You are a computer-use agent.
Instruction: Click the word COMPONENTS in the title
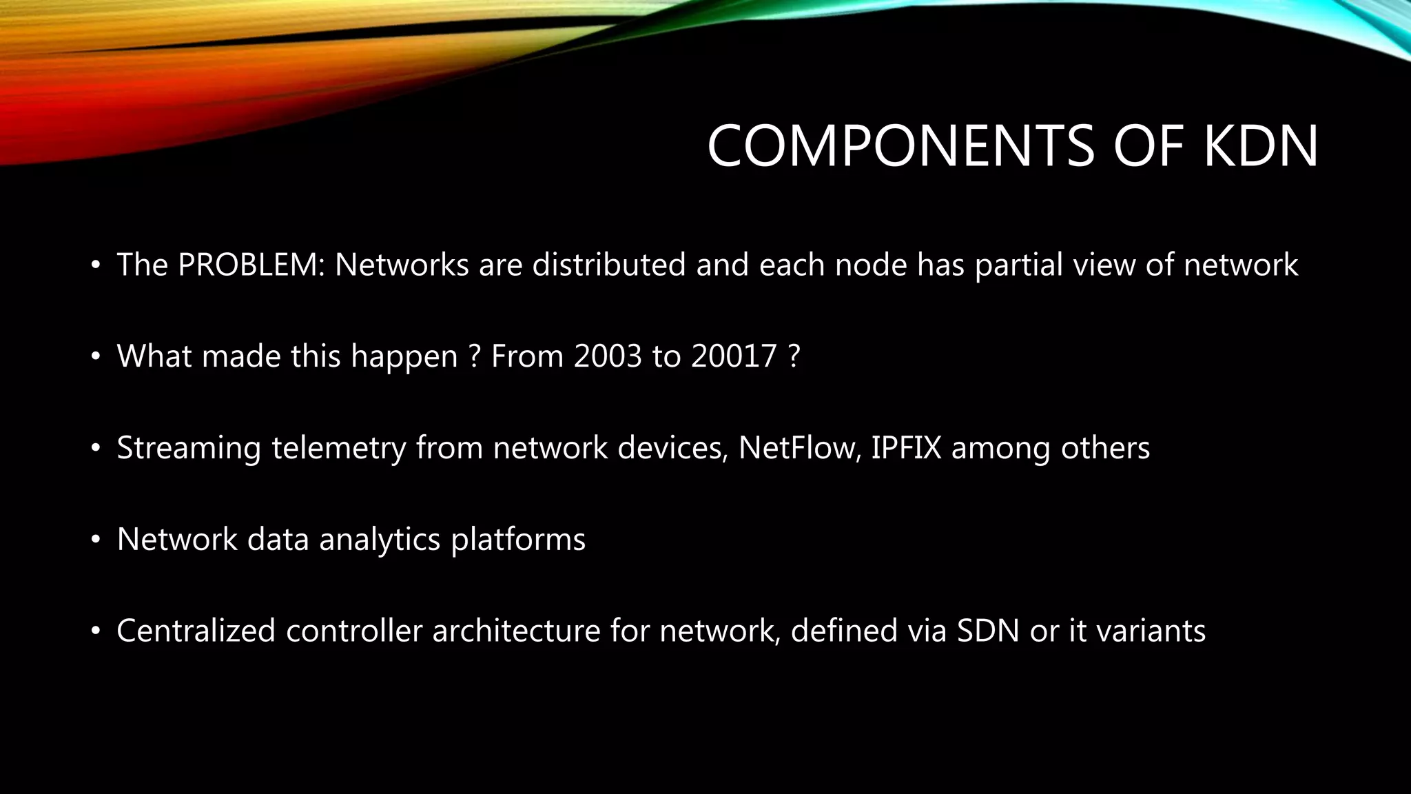pos(900,146)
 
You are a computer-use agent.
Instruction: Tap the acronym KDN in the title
pos(1261,146)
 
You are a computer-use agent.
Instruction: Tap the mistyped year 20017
pos(734,356)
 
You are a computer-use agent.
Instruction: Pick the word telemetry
pos(338,449)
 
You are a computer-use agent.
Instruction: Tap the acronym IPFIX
pos(906,448)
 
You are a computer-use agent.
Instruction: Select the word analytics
pos(380,540)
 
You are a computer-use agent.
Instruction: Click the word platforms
pos(518,540)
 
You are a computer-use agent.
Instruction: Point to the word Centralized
pos(196,631)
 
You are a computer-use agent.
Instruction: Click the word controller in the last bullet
pos(353,631)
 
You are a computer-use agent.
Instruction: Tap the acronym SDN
pos(988,631)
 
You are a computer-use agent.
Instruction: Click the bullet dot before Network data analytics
pos(96,540)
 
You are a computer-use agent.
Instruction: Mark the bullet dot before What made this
pos(96,357)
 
